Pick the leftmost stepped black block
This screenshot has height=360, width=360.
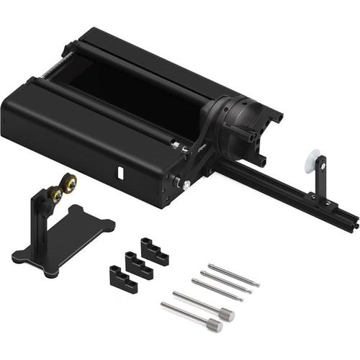point(123,279)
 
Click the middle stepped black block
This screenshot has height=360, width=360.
point(139,265)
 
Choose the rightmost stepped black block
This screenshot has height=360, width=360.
point(155,252)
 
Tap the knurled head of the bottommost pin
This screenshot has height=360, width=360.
point(214,325)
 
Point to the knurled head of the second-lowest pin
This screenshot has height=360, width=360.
point(227,314)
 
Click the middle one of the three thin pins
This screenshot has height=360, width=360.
point(226,282)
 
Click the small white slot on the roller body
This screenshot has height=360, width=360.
point(120,173)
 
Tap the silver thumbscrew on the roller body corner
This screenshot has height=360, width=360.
point(186,184)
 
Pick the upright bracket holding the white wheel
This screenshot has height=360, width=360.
point(320,180)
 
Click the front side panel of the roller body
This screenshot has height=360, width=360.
point(79,151)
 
